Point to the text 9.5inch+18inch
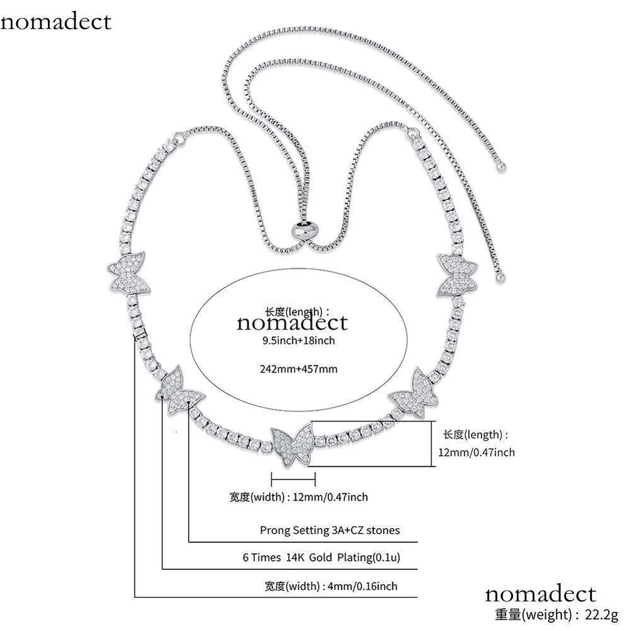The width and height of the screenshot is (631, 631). (x=298, y=341)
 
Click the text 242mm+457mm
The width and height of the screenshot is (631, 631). (x=299, y=369)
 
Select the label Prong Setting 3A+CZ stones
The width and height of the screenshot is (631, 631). (x=329, y=530)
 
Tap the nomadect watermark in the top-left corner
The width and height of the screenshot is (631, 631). (x=56, y=21)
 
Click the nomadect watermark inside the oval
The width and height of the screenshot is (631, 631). (x=292, y=322)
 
